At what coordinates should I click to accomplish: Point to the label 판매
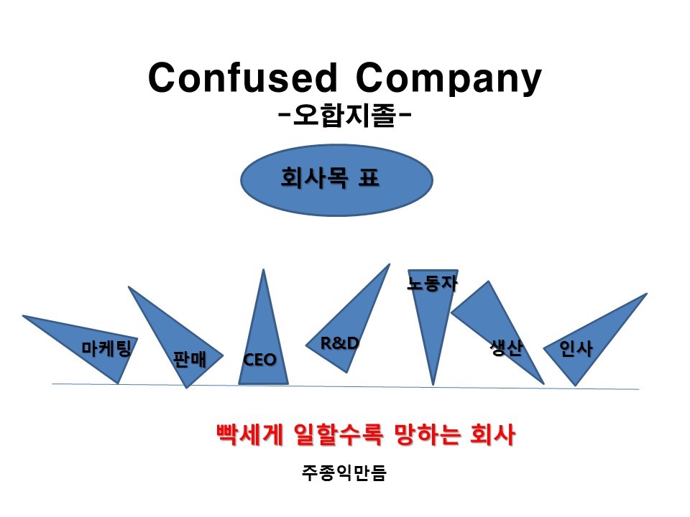point(190,359)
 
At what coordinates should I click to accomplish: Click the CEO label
point(260,360)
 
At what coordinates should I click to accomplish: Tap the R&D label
point(340,343)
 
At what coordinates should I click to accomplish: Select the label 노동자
point(432,283)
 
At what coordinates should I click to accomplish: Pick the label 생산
point(506,348)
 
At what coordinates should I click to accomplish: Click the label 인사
point(576,349)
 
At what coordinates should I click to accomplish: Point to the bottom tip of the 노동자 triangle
point(433,384)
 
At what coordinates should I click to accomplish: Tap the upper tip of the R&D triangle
point(389,264)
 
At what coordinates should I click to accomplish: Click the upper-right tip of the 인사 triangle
point(647,294)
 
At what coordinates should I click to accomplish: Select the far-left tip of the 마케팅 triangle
point(23,315)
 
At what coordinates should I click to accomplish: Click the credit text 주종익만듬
point(344,473)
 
